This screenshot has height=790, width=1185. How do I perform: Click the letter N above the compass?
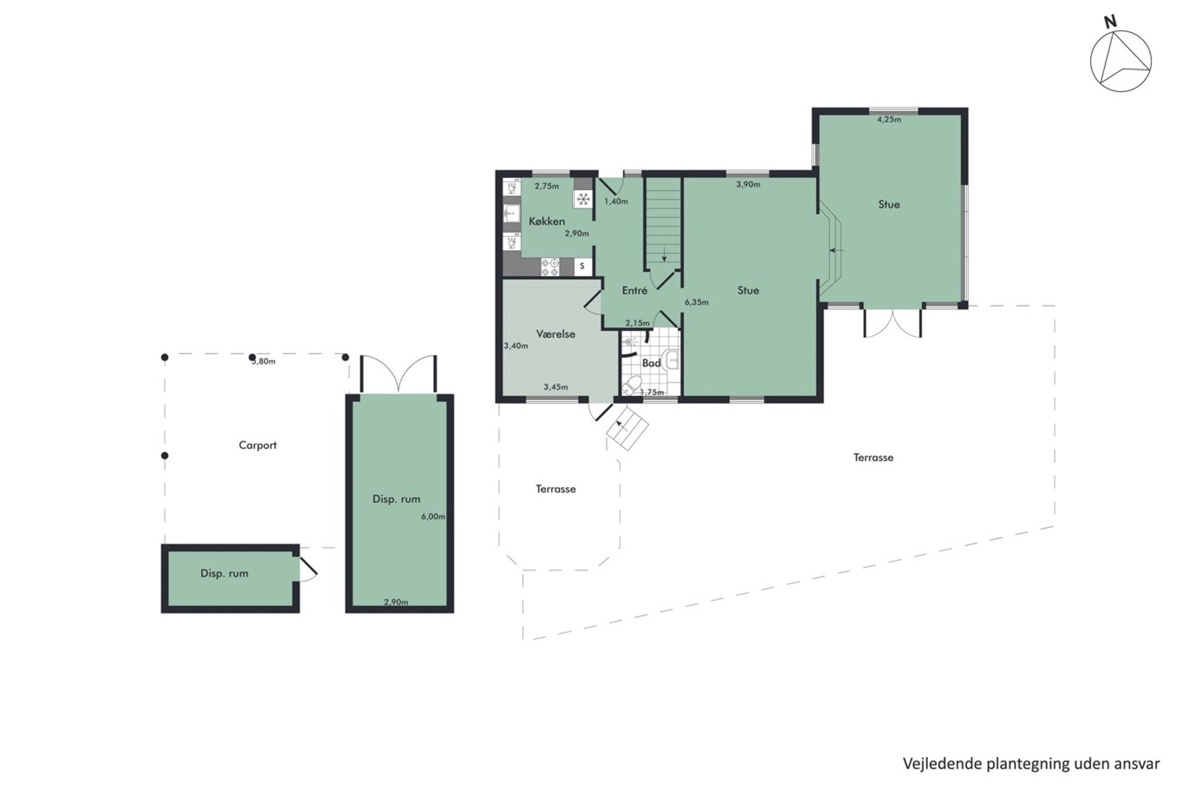1110,23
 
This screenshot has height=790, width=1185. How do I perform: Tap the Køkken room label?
547,222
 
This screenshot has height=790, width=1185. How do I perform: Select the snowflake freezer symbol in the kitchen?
584,199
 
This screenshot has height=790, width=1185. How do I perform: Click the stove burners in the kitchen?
550,267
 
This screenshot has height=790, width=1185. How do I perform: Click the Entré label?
634,290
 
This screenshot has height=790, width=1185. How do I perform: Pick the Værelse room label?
555,334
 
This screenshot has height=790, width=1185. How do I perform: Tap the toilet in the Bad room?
633,384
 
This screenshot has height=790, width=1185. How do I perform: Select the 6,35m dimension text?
696,302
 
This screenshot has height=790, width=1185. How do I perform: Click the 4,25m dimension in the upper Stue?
889,119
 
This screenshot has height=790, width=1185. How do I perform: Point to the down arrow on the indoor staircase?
664,253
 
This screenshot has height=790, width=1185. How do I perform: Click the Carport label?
257,445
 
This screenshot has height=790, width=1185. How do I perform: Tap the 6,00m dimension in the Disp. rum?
433,517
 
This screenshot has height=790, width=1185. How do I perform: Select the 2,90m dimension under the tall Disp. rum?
396,602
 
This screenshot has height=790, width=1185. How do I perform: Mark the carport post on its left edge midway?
165,455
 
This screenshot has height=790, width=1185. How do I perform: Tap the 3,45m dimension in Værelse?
555,387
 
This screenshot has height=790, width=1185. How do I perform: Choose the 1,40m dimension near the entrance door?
616,201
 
